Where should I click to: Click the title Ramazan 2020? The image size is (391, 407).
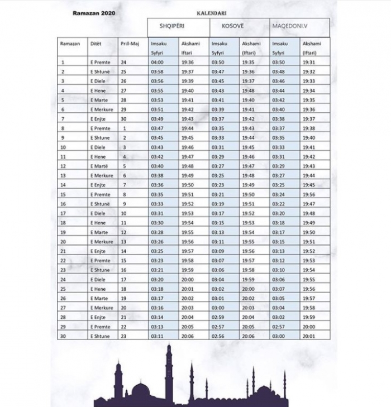click(93, 12)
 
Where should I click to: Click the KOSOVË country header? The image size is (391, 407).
click(225, 27)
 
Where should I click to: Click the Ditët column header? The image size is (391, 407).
click(96, 43)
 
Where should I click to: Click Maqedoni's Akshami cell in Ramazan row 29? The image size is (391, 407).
click(309, 327)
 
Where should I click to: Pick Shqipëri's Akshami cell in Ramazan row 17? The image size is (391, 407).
click(187, 213)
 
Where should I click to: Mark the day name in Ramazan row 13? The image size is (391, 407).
click(102, 175)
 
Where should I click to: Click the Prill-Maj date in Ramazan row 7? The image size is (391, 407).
click(124, 119)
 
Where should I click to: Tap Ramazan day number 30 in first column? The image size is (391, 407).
click(64, 336)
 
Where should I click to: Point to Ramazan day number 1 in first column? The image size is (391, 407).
click(63, 63)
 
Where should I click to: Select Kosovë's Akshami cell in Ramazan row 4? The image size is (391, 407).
click(249, 90)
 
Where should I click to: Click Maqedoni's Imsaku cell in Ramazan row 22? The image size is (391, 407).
click(278, 261)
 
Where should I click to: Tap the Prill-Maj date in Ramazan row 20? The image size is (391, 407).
click(124, 242)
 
